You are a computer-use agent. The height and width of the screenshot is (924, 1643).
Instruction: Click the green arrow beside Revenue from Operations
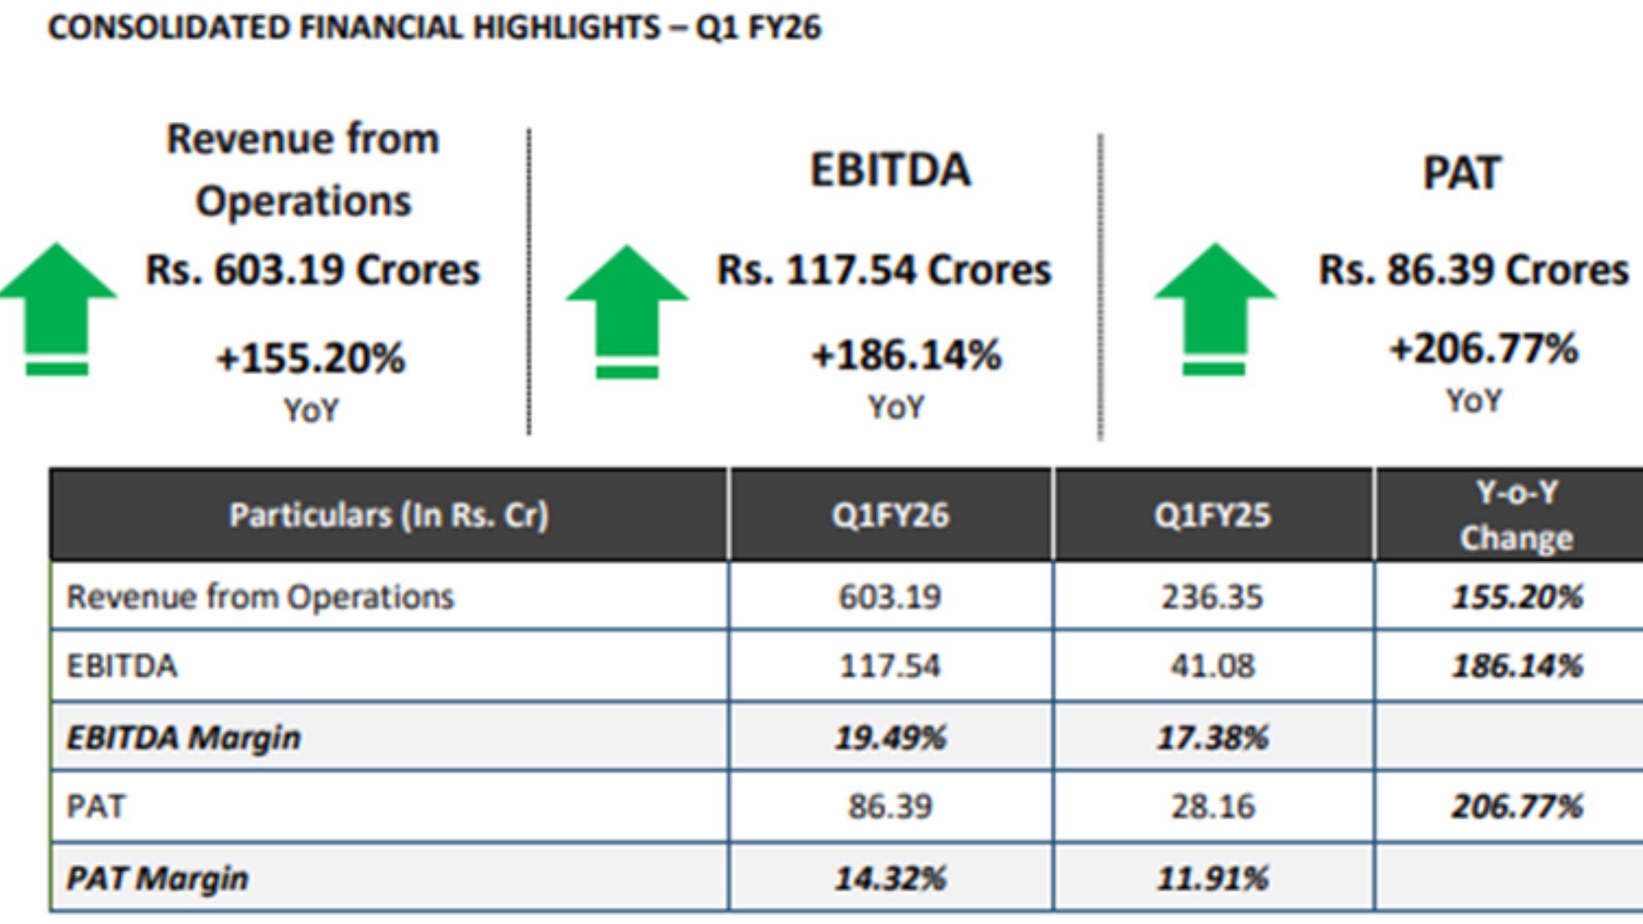57,308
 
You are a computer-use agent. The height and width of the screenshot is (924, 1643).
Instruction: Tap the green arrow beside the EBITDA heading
626,311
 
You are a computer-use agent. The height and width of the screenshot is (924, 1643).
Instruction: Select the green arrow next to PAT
1215,308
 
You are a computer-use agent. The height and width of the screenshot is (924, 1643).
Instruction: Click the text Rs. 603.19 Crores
312,270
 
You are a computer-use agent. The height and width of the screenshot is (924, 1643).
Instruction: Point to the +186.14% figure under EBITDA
905,356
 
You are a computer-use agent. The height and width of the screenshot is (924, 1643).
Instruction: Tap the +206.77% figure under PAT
1483,349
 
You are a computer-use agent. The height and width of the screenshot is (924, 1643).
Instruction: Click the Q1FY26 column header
890,515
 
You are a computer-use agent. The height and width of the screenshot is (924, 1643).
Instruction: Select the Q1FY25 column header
1212,515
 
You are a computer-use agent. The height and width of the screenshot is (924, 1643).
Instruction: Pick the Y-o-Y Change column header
1515,515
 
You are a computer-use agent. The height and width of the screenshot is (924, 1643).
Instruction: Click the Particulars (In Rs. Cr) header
389,515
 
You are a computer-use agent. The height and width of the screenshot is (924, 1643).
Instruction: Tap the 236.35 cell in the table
1212,597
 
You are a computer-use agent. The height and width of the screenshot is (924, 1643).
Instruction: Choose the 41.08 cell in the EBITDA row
1212,666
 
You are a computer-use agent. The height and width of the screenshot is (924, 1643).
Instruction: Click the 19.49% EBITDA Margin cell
890,737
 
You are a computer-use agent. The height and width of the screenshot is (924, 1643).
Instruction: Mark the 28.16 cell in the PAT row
1212,807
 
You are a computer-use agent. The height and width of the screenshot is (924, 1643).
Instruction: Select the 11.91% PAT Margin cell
1212,878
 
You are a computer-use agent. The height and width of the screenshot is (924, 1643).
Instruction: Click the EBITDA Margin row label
183,737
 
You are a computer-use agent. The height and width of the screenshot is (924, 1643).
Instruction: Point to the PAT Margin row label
157,878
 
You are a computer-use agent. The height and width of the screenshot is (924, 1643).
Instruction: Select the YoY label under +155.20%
312,411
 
